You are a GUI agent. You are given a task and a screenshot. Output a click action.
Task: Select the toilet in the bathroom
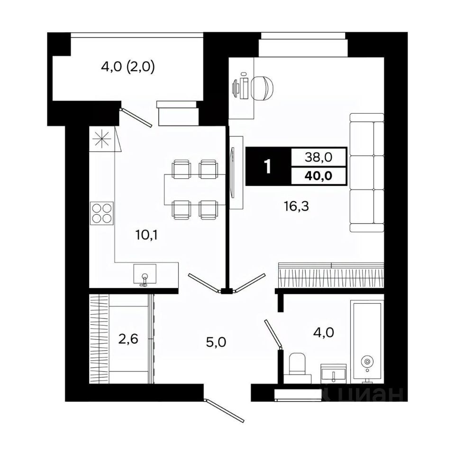pyautogui.click(x=297, y=366)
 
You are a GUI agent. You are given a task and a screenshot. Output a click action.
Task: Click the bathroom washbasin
pyautogui.click(x=334, y=373)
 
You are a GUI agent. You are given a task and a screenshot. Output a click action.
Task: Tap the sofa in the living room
pyautogui.click(x=366, y=173)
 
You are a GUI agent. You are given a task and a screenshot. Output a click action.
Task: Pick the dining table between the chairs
pyautogui.click(x=191, y=190)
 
